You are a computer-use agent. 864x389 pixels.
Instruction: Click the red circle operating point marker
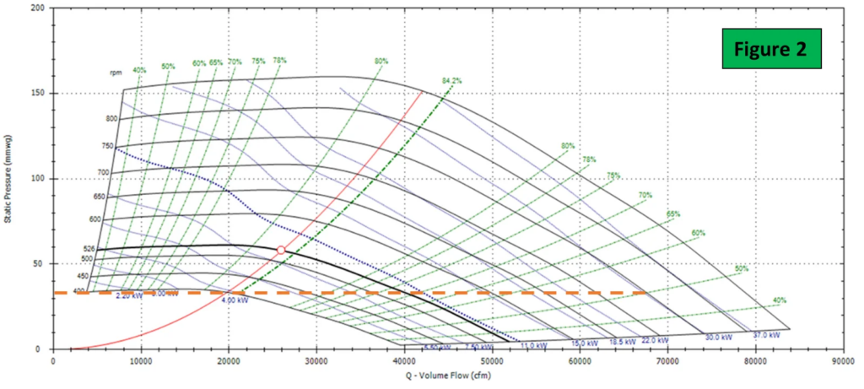coord(281,250)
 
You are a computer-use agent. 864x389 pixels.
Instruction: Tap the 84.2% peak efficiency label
coord(451,80)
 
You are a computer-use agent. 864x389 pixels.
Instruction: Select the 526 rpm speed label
coord(89,248)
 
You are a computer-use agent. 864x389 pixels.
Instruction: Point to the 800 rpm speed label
coord(111,119)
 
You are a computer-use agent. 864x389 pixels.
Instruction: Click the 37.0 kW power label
coord(769,334)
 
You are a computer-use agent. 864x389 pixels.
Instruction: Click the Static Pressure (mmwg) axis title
coord(8,177)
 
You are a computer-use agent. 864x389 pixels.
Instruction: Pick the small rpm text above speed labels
coord(116,73)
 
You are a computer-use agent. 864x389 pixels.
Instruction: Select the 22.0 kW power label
coord(655,340)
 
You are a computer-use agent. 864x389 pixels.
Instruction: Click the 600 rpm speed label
coord(94,219)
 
